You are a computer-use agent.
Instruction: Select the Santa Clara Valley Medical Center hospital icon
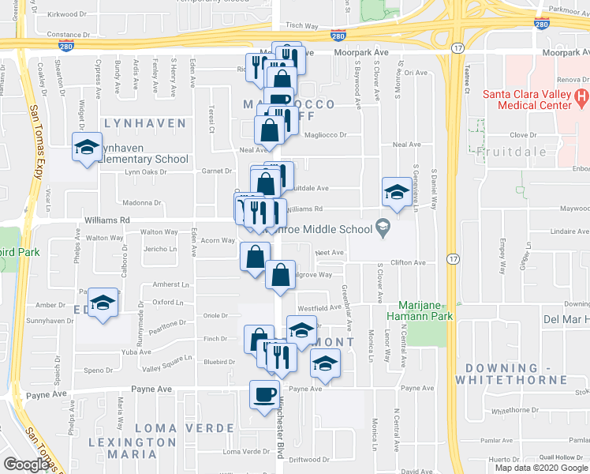click(x=581, y=98)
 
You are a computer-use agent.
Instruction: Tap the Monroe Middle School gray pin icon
click(x=383, y=228)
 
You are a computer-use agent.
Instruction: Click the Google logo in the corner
click(x=26, y=464)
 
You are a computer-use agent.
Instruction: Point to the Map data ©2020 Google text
click(x=541, y=468)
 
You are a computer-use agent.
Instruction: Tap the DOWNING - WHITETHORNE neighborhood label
click(x=516, y=374)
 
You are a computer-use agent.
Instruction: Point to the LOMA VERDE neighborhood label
click(x=185, y=427)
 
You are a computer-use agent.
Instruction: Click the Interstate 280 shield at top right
click(x=541, y=24)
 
